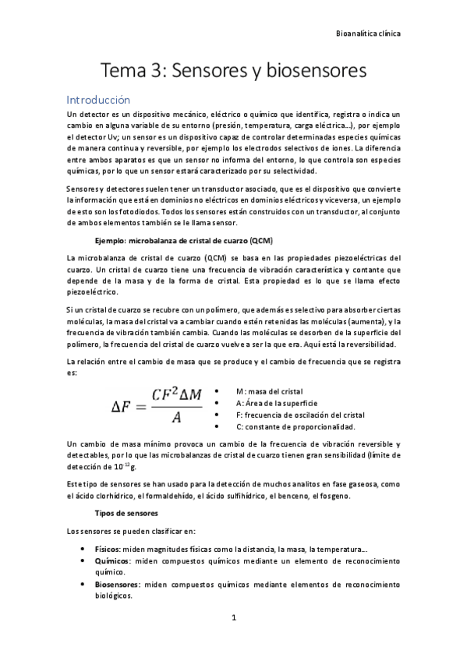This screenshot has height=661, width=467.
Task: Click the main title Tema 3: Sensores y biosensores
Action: pyautogui.click(x=233, y=72)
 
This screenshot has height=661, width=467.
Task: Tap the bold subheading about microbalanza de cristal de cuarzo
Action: pyautogui.click(x=183, y=240)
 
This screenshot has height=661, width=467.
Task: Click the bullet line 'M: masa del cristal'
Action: pyautogui.click(x=269, y=390)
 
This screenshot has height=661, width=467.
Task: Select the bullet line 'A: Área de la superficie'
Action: pyautogui.click(x=276, y=402)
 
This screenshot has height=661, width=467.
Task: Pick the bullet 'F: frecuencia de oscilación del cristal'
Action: pyautogui.click(x=299, y=415)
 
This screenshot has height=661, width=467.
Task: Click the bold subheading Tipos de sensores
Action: pyautogui.click(x=126, y=514)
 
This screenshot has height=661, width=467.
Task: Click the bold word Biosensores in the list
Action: pyautogui.click(x=118, y=584)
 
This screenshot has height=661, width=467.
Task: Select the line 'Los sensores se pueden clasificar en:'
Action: pyautogui.click(x=127, y=531)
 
